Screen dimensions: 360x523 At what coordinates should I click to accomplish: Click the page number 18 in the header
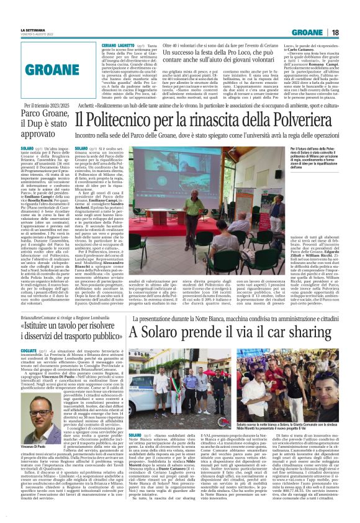[352, 32]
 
